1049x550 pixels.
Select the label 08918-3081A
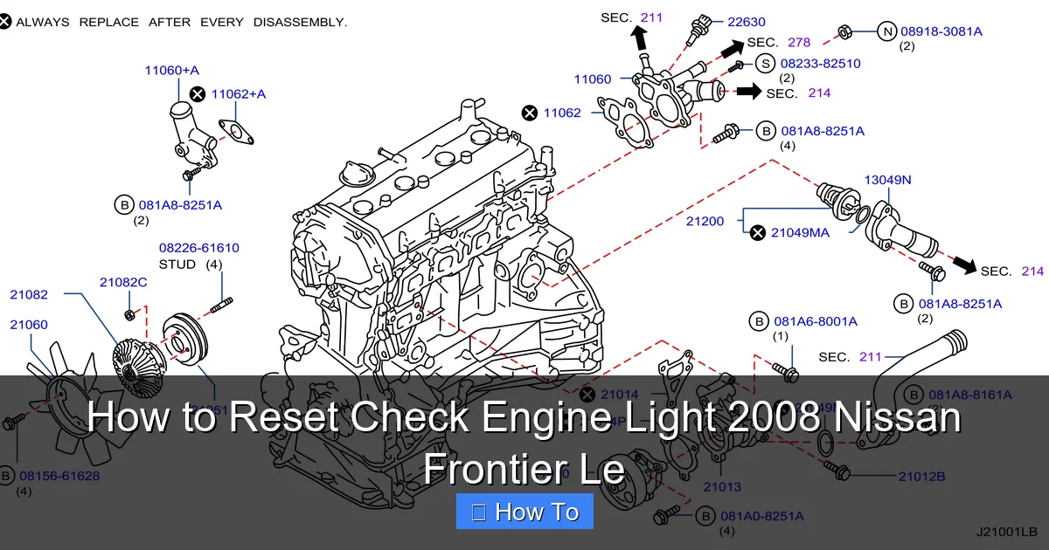(941, 31)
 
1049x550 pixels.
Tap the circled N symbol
(887, 31)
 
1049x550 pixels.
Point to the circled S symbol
(765, 63)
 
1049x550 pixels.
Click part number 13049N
(887, 181)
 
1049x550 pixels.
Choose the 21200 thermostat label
(705, 222)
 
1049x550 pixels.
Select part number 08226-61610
(198, 248)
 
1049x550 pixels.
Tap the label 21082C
(123, 282)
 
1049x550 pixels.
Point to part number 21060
(29, 325)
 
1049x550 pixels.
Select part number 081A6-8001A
(815, 321)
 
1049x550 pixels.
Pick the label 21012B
(921, 477)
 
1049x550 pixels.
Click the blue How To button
(524, 512)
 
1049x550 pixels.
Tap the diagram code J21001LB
(1006, 531)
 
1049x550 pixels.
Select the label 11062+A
(239, 93)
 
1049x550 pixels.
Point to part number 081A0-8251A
(762, 515)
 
